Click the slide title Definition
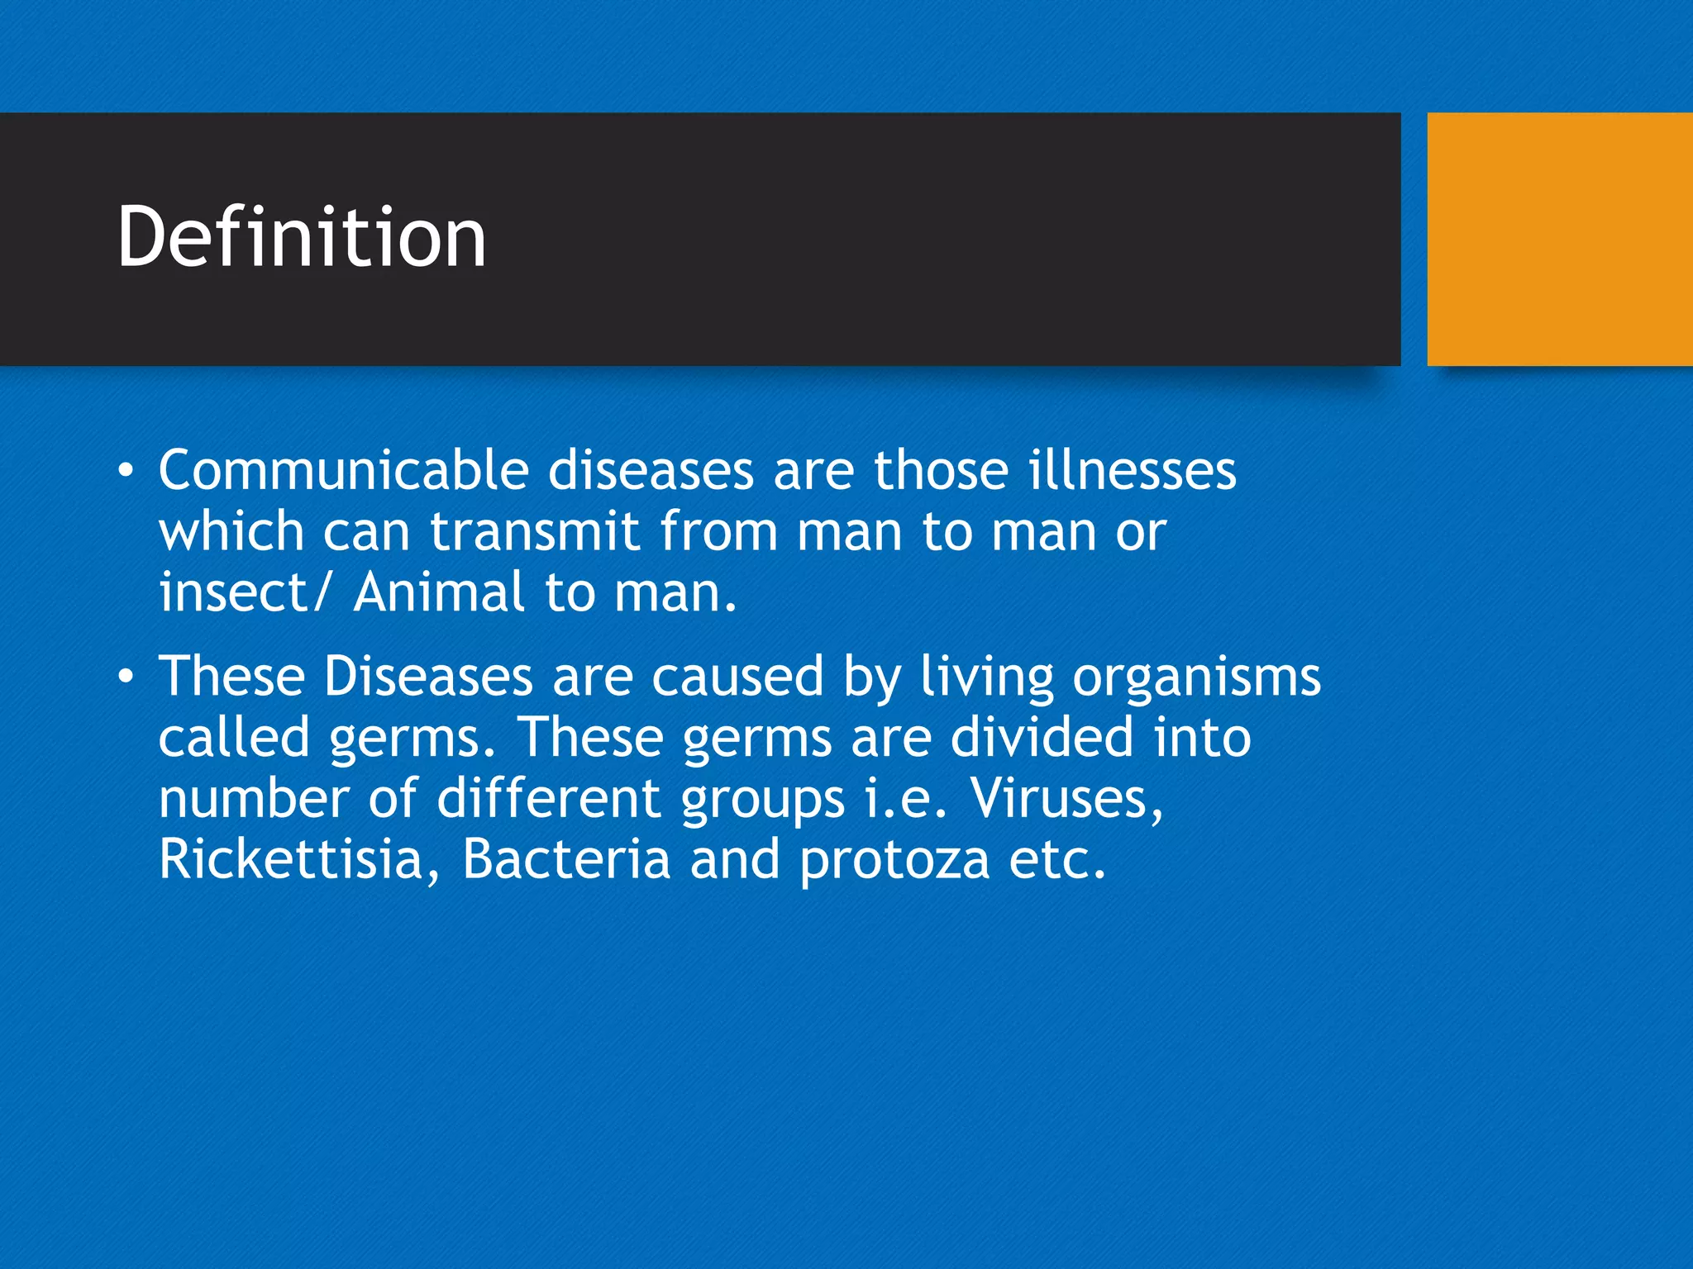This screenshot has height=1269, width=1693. (302, 238)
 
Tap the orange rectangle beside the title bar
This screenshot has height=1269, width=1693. (1559, 239)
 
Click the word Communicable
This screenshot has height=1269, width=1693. (343, 471)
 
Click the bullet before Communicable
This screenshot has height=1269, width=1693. (125, 472)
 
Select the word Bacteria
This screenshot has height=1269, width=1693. (566, 859)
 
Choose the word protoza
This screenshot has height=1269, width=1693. (894, 861)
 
